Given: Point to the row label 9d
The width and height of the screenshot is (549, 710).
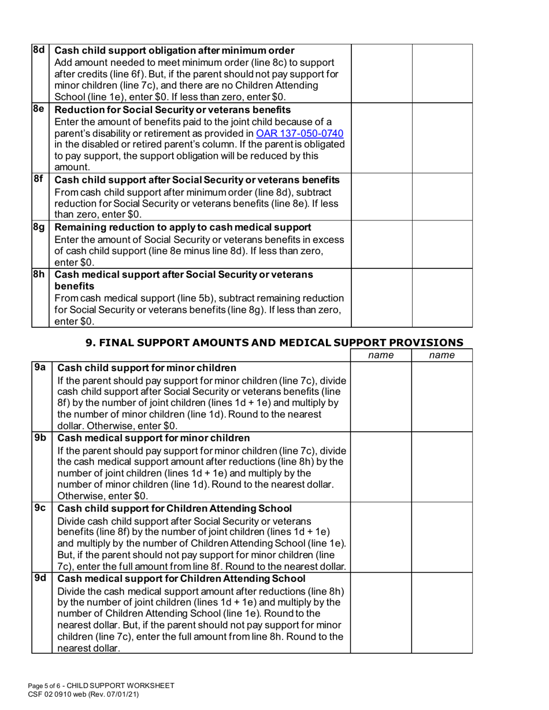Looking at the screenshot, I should tap(39, 577).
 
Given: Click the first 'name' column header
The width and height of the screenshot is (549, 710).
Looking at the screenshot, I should tap(381, 354).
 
